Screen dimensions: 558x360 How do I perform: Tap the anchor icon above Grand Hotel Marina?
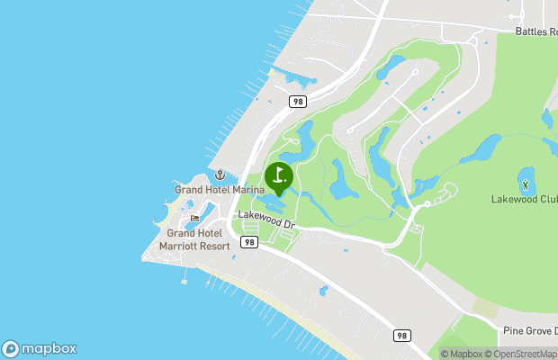[x=219, y=175]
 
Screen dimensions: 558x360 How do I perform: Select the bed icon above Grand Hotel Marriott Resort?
[x=194, y=219]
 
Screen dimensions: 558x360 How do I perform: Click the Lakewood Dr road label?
[x=266, y=216]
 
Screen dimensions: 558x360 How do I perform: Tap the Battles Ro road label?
[x=536, y=31]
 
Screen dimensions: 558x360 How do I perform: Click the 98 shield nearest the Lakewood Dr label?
[x=249, y=242]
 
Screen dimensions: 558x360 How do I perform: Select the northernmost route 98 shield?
[x=298, y=102]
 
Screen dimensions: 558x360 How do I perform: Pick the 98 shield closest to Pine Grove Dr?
[x=402, y=335]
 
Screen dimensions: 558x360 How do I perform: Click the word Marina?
[x=246, y=190]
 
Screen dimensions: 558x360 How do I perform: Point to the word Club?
[x=544, y=199]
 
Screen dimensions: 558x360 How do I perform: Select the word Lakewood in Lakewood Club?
[x=510, y=199]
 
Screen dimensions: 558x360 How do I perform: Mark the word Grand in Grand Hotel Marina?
[x=190, y=190]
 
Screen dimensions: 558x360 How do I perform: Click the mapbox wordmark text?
[x=50, y=349]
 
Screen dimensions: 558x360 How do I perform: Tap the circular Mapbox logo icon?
[x=11, y=349]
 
